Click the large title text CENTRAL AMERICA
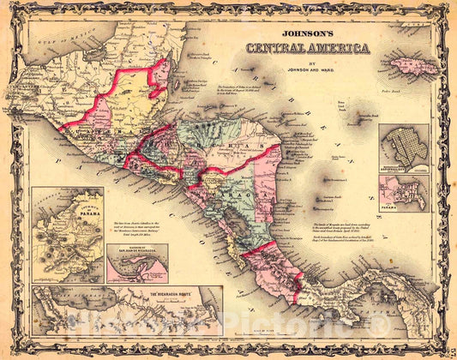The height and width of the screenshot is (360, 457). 308,47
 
